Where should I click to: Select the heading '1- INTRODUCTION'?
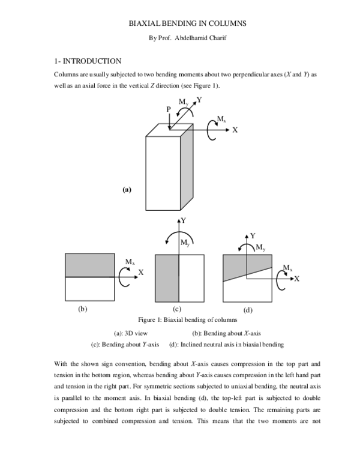click(88, 61)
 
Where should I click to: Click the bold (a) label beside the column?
click(126, 190)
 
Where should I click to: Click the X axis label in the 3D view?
click(235, 130)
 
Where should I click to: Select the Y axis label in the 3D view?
click(199, 100)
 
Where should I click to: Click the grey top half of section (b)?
click(89, 265)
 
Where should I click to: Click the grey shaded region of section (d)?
click(240, 264)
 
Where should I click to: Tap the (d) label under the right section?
click(248, 310)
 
